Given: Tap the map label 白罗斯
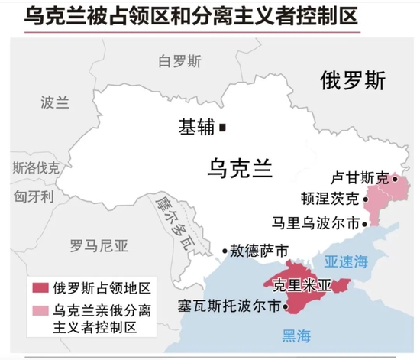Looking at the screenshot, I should pos(179,61).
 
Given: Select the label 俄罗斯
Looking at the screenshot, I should pos(353,81).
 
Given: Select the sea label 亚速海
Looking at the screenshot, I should pos(346,261).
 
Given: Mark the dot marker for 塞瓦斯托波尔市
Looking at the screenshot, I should pos(285,307).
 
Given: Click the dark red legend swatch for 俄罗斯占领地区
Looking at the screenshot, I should pos(40,289).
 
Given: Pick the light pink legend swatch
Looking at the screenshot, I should pos(40,311).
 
